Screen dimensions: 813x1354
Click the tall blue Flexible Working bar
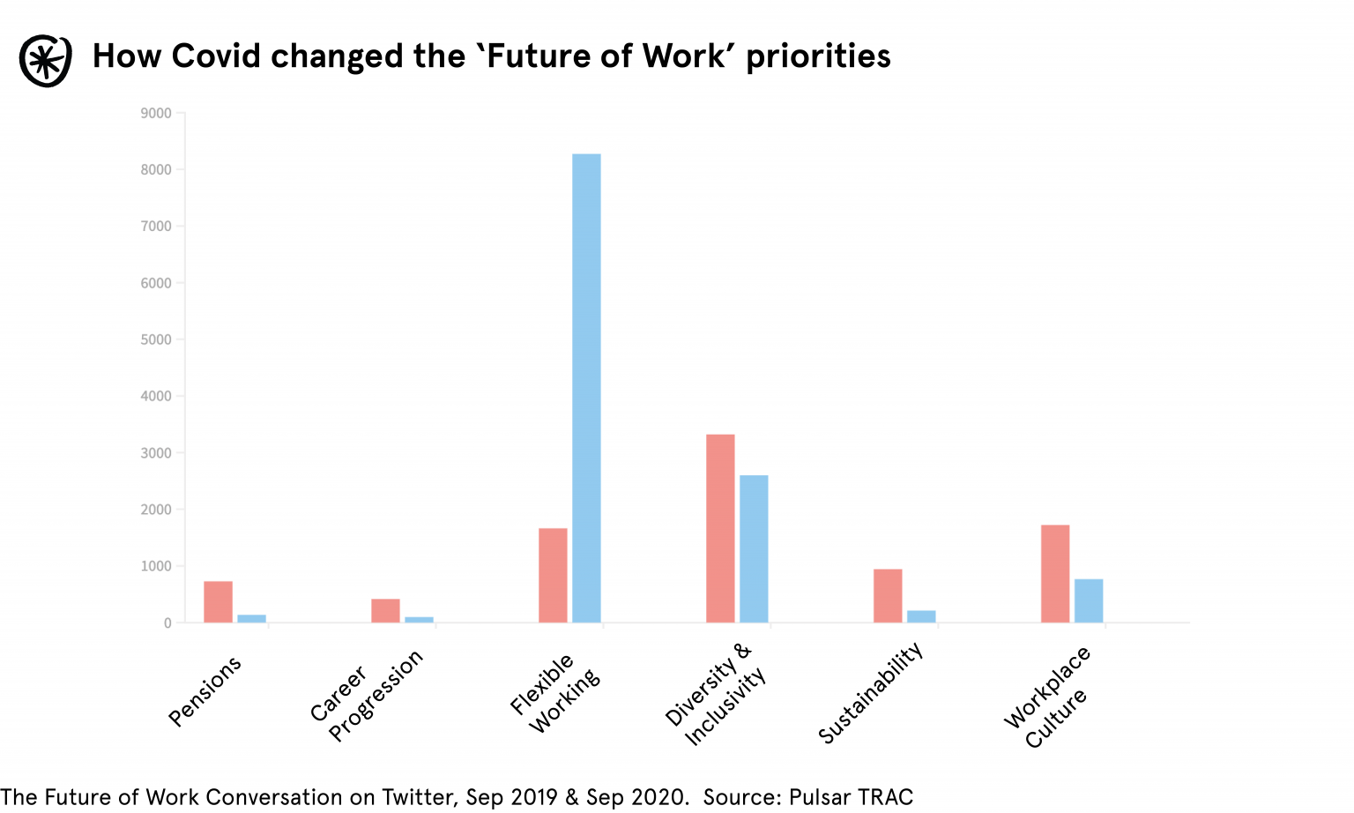586,388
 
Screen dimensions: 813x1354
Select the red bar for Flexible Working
553,575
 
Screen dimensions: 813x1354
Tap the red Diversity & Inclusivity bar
720,528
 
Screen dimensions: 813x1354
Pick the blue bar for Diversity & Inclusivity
754,548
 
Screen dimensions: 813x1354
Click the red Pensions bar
218,601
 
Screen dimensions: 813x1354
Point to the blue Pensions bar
251,618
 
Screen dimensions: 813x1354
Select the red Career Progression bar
385,610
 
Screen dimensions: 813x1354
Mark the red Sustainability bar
888,595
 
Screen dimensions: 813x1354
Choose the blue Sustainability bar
921,616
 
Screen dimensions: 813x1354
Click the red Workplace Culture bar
1055,573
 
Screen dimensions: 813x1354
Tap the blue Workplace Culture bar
1089,600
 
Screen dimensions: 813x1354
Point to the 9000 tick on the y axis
156,113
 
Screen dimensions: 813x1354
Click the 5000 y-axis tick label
156,339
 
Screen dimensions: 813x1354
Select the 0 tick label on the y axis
167,623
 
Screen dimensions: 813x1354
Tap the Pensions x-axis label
205,691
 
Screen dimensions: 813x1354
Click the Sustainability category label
870,693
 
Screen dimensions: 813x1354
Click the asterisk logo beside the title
45,61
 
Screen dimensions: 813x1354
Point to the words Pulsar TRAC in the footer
851,797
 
